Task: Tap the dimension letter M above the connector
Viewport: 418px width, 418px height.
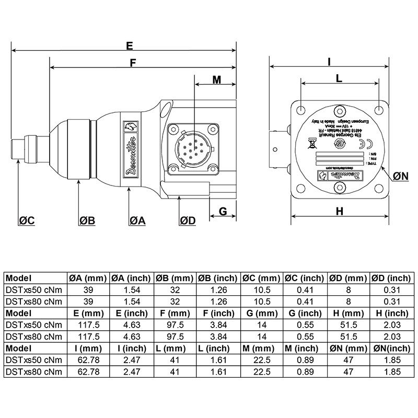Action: [217, 79]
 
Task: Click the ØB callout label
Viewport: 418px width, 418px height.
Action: [87, 220]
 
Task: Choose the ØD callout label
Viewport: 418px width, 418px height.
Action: [187, 220]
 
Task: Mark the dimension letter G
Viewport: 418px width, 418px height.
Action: [222, 211]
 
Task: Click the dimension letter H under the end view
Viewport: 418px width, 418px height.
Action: [340, 211]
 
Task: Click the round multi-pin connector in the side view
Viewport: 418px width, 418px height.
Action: [191, 148]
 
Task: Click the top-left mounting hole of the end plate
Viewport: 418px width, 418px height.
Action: [301, 111]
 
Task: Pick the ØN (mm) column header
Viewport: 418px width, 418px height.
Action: [349, 347]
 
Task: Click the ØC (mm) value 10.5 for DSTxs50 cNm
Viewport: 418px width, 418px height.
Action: [262, 289]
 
